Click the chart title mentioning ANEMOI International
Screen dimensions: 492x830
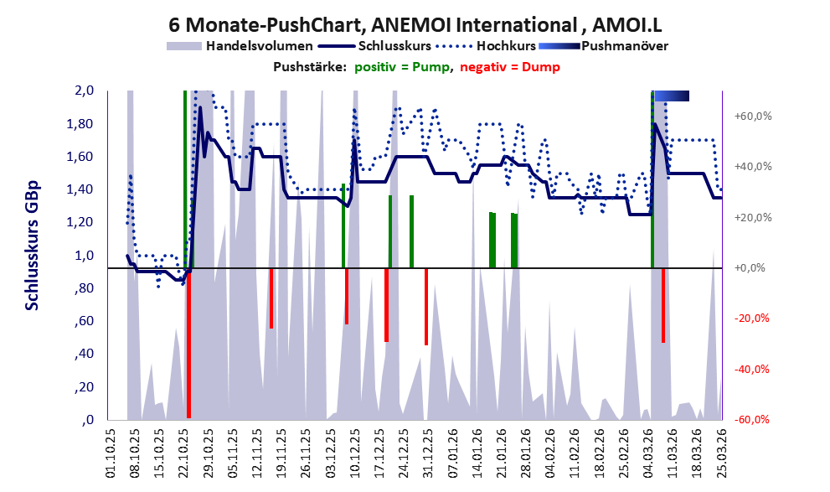(415, 23)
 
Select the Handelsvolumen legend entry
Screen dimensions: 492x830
(243, 45)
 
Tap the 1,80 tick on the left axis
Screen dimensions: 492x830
(83, 124)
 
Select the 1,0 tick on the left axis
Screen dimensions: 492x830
(86, 256)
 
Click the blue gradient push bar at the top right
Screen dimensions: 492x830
(671, 96)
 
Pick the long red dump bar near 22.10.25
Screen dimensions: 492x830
(188, 344)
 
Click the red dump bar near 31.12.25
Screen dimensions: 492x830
(426, 307)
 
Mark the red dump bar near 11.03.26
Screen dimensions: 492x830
(663, 305)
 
